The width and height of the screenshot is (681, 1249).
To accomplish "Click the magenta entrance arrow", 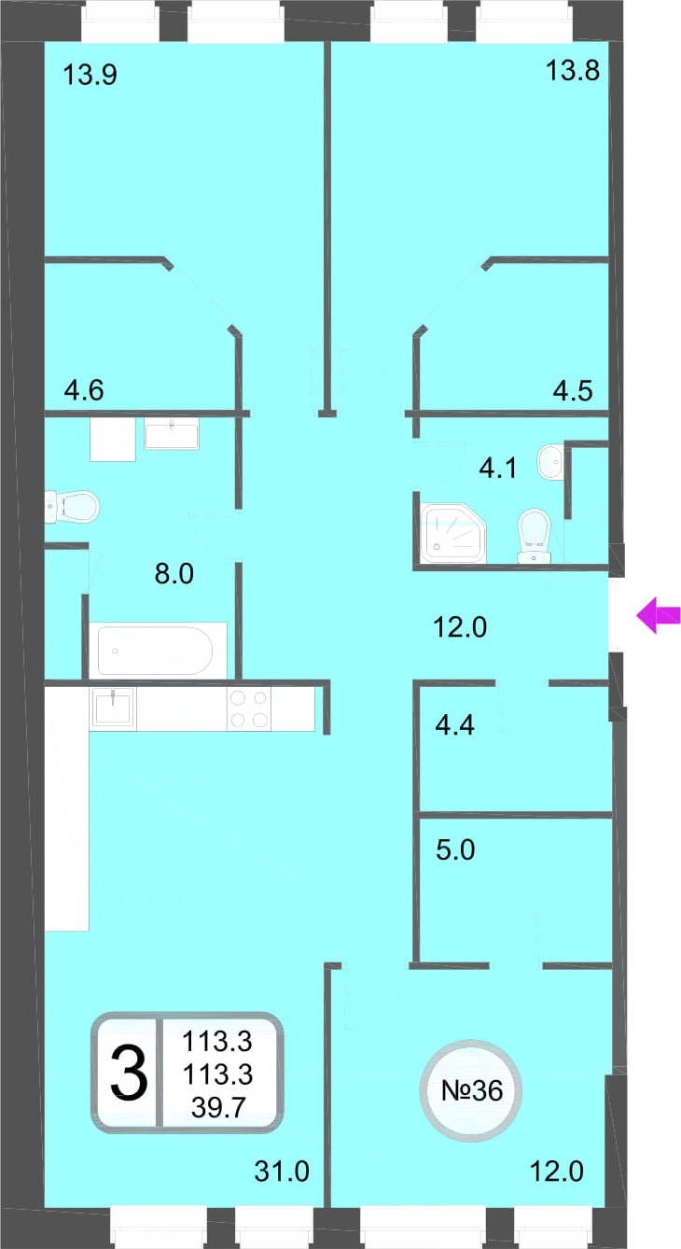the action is (659, 615).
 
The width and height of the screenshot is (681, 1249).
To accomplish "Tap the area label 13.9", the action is (90, 75).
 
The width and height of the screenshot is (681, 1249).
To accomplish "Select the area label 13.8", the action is (573, 71).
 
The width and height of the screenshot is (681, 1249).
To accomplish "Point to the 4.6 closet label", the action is (84, 390).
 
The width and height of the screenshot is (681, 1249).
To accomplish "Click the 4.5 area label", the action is (573, 391).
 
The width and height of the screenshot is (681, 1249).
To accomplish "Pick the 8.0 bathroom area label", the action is (174, 574).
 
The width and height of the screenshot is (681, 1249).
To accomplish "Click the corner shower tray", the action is (453, 533).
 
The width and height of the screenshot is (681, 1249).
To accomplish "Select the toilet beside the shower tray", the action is (535, 536).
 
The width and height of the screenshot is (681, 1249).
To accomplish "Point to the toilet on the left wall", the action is (72, 506).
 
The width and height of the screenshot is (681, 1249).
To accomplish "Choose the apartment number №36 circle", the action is (471, 1090).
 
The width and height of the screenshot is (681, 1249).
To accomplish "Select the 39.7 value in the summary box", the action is (218, 1107).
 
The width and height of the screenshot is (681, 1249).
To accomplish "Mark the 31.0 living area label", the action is (282, 1172).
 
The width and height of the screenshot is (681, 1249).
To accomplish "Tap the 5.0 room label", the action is (455, 850).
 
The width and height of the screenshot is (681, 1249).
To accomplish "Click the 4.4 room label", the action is (454, 725).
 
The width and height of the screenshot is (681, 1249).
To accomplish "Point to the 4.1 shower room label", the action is (497, 468).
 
